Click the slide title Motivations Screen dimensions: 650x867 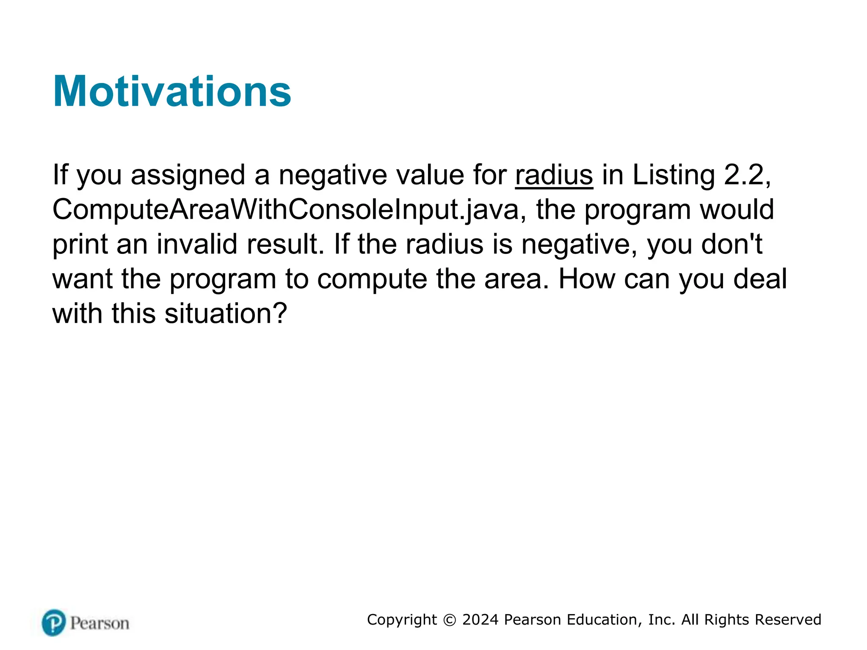tap(172, 91)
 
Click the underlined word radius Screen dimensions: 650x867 tap(554, 175)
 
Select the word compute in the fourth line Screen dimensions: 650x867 tap(372, 279)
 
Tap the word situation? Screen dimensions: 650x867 tap(226, 314)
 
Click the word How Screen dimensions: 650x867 tap(586, 279)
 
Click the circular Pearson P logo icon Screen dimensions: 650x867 tap(54, 622)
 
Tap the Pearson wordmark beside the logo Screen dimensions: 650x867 tap(99, 623)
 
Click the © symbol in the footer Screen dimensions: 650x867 tap(449, 620)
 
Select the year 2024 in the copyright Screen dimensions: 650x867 tap(480, 620)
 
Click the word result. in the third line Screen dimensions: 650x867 tap(285, 245)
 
